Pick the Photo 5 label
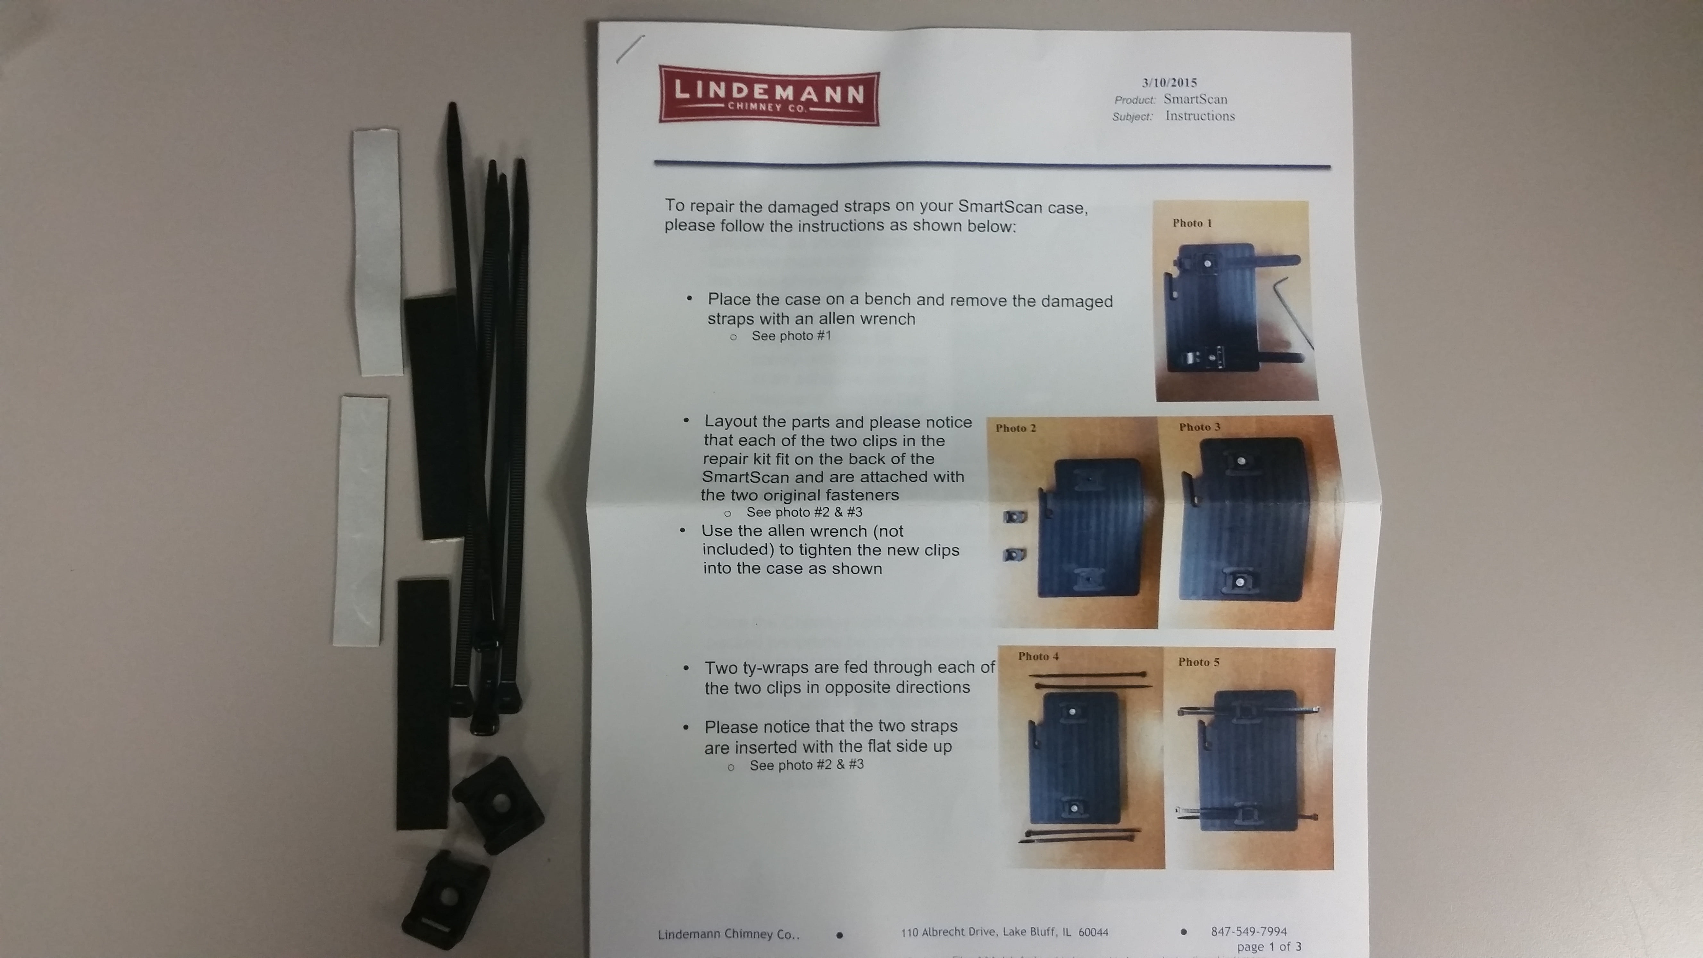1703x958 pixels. click(x=1199, y=662)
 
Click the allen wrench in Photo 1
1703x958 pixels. click(x=1292, y=311)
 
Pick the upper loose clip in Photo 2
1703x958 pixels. click(x=1015, y=517)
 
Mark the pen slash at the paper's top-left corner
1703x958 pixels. click(x=629, y=50)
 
